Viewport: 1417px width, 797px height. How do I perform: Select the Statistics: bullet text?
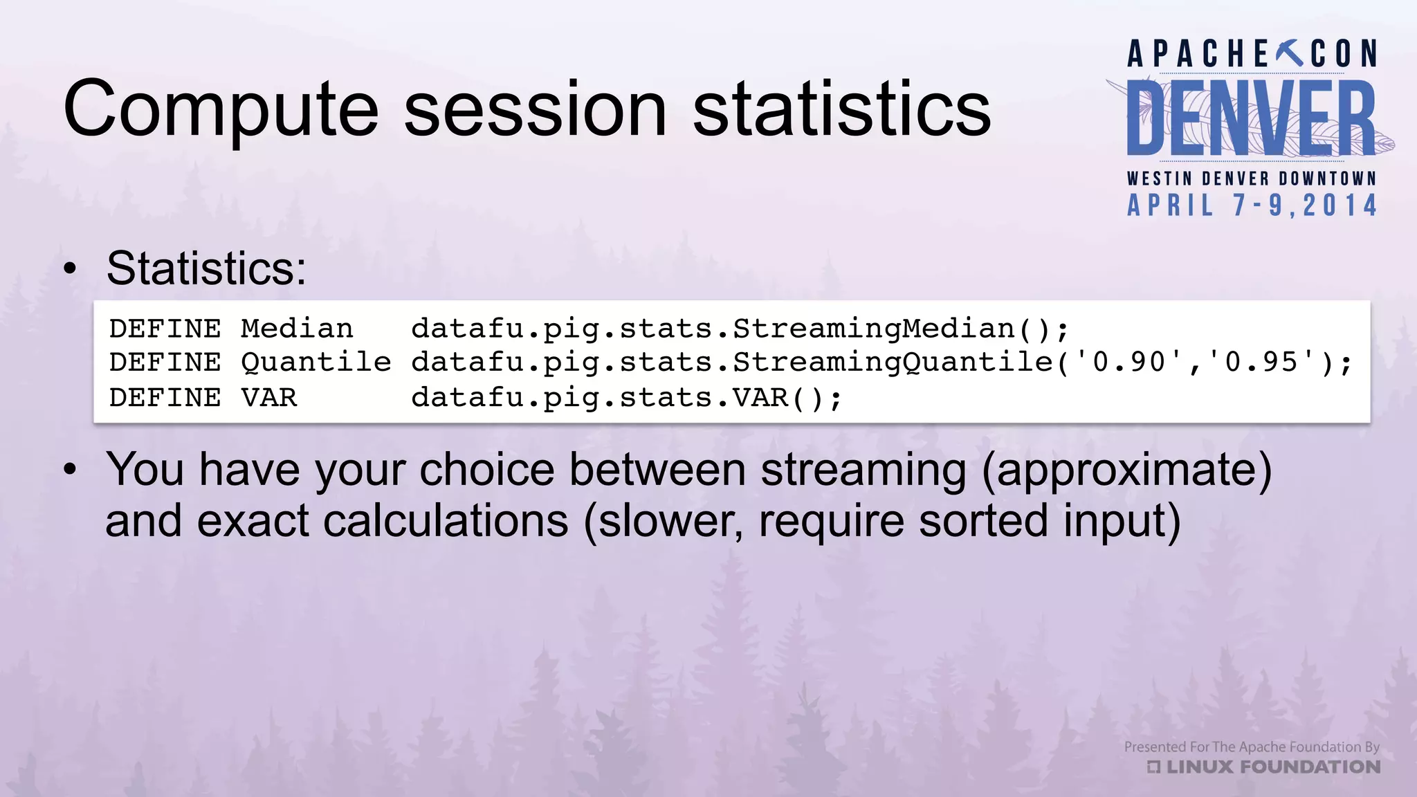[206, 268]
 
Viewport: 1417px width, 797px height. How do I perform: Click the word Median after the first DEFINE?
[297, 329]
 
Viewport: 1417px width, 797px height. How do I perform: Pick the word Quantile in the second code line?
[316, 363]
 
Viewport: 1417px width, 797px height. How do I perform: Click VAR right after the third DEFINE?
[268, 398]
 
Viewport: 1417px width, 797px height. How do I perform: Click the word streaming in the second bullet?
[863, 470]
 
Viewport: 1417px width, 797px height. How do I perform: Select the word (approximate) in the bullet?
[1126, 470]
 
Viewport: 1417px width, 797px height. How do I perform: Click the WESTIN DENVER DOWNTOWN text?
[1251, 178]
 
